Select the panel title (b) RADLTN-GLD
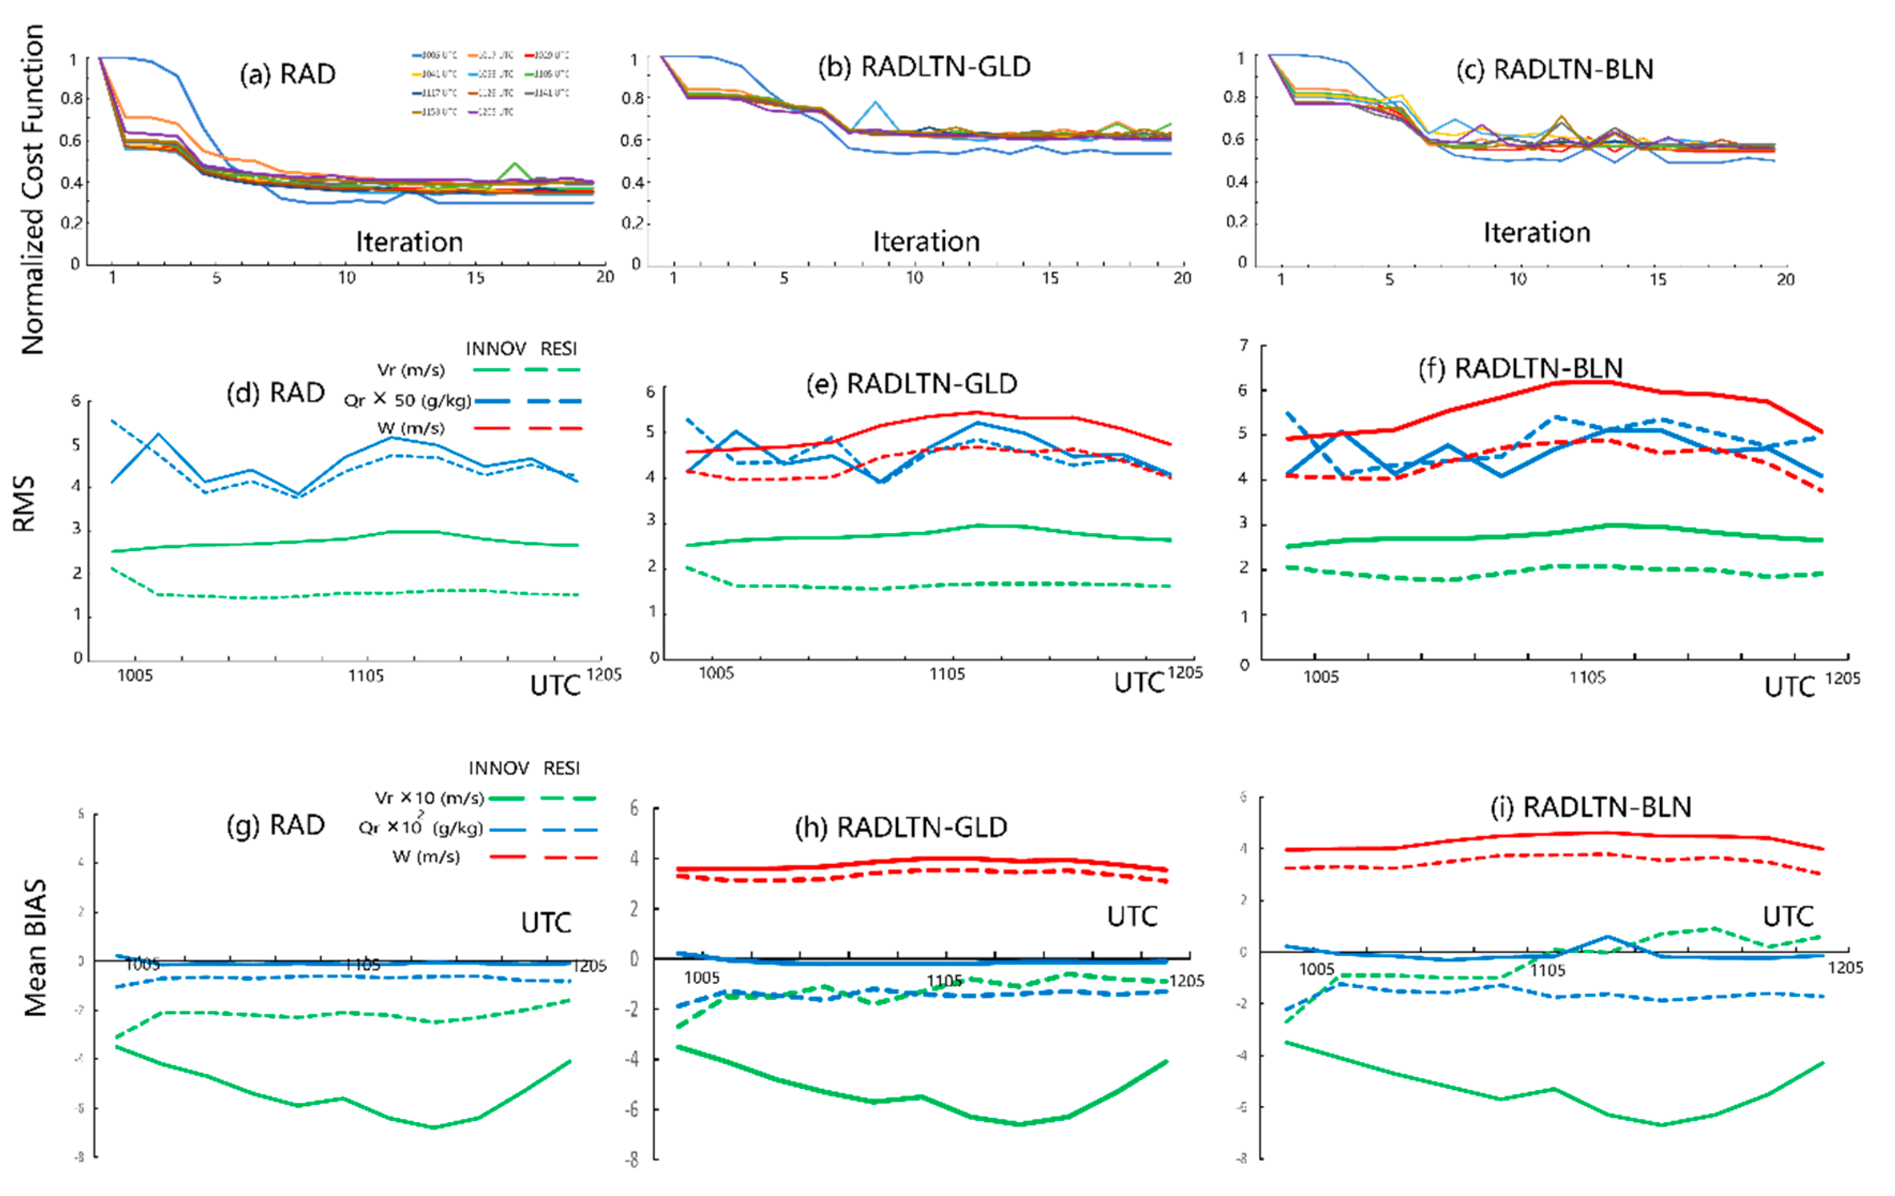pos(924,67)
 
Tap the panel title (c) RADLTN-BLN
pos(1554,69)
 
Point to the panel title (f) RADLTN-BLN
pos(1521,368)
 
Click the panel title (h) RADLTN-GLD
pos(901,827)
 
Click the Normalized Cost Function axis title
pos(33,189)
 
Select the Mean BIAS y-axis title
pos(35,948)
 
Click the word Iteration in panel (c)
pos(1537,233)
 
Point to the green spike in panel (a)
pos(515,165)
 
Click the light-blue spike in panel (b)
pos(874,103)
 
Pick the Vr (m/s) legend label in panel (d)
pos(411,370)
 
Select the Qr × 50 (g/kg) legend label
pos(407,400)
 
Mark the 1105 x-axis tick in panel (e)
pos(947,673)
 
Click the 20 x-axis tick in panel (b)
pos(1182,278)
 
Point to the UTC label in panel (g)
pos(546,922)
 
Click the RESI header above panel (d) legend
pos(559,349)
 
